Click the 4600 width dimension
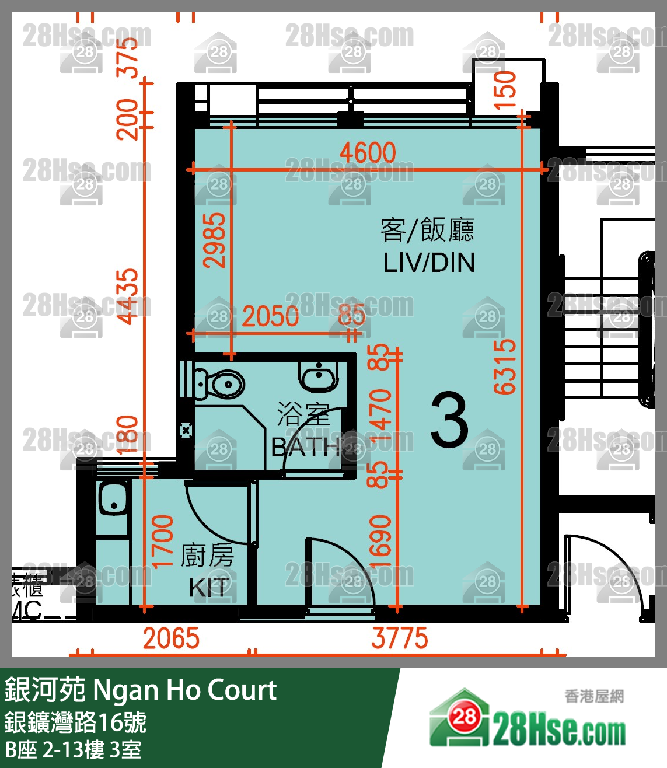coord(368,153)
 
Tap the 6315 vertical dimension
coord(505,366)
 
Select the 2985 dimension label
coord(214,240)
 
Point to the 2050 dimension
coord(270,317)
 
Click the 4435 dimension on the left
coord(128,296)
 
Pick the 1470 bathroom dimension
coord(380,416)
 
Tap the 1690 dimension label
coord(380,541)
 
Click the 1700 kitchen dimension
coord(163,541)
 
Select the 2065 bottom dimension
coord(171,638)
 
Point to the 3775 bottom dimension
coord(400,638)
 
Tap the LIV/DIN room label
coord(429,263)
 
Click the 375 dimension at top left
coord(128,57)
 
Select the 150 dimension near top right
coord(505,90)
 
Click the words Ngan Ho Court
coord(184,690)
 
